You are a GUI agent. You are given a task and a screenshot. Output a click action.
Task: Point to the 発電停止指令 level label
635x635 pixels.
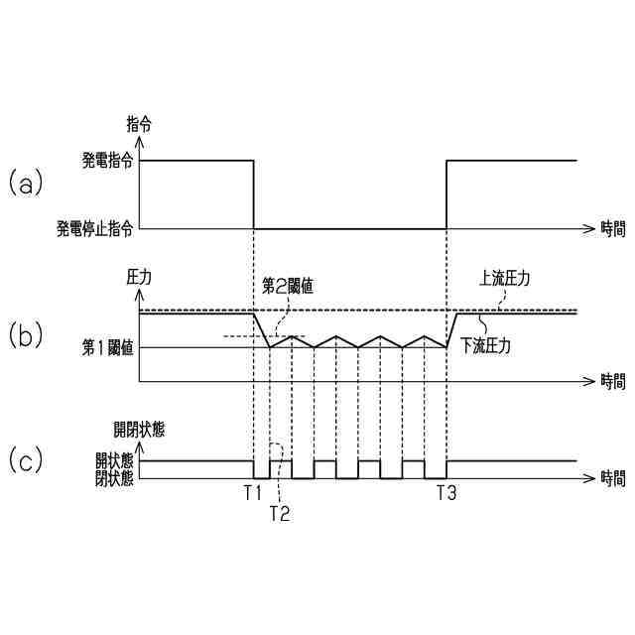(95, 228)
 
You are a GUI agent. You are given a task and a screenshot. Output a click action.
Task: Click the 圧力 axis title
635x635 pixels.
(139, 278)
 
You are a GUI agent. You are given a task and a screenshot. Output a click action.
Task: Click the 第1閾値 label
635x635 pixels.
(109, 347)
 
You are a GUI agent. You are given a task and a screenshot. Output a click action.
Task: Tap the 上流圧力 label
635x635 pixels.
(503, 279)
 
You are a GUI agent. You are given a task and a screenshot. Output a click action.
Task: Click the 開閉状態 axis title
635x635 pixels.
(139, 430)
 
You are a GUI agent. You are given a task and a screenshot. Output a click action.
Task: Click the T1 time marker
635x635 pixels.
(252, 492)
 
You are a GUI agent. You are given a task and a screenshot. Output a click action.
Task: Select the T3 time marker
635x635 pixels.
(446, 492)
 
